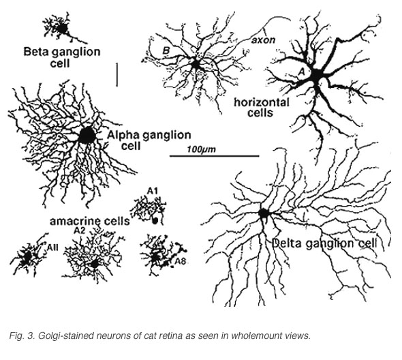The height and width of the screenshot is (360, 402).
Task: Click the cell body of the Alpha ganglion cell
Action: (87, 135)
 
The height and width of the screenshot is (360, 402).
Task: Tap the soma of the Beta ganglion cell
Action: (62, 29)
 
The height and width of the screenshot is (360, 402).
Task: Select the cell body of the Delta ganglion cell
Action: (263, 213)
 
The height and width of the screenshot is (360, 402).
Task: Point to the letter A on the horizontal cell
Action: (302, 72)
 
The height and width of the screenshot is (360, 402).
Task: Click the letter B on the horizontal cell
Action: (166, 50)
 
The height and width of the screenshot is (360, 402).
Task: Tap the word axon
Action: (263, 40)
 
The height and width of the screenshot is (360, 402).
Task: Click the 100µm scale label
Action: (201, 149)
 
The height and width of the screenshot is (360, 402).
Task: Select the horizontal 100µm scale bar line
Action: (215, 155)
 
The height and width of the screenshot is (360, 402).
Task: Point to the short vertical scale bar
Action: (117, 75)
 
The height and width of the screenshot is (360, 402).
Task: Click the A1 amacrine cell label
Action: (153, 191)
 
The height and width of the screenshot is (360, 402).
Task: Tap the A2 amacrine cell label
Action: (79, 230)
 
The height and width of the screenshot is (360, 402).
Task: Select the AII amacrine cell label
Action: (52, 247)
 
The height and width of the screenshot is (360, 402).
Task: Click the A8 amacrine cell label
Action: (181, 261)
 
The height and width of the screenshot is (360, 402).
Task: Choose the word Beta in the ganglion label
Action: (35, 52)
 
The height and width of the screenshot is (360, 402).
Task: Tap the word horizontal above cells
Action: (262, 103)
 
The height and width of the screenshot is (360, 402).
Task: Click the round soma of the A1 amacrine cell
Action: (155, 220)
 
